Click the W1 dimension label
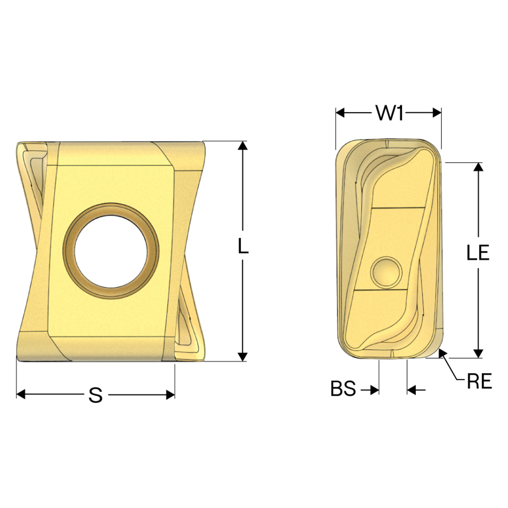[389, 113]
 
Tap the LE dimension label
[478, 252]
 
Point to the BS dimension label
[343, 388]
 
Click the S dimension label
[95, 395]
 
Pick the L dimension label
[243, 246]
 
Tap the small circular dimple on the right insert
[387, 273]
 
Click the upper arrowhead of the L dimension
[242, 146]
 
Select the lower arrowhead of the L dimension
[242, 357]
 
